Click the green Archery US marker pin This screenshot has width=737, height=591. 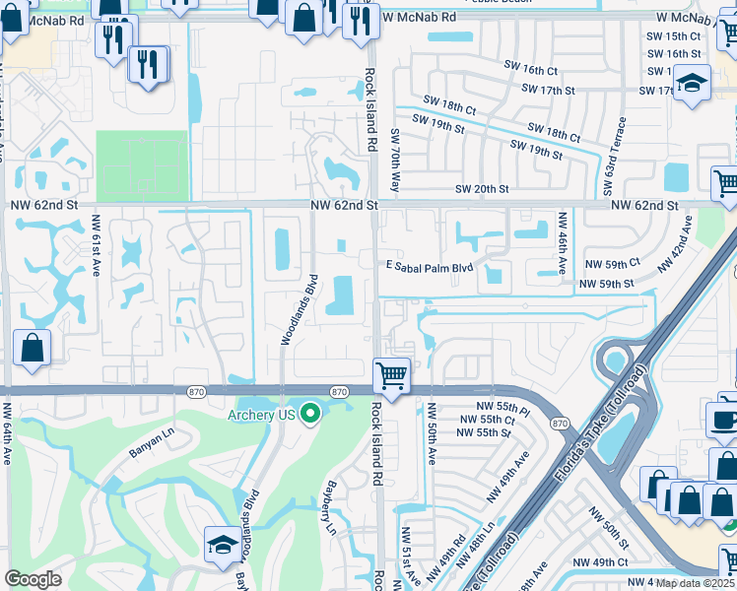coord(311,414)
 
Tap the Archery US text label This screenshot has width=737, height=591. coord(261,415)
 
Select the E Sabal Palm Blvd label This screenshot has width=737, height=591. coord(430,266)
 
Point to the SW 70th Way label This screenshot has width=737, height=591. coord(394,160)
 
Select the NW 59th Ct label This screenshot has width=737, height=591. coord(613,262)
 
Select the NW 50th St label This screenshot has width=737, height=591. coord(608,530)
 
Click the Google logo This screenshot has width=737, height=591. coord(33,579)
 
